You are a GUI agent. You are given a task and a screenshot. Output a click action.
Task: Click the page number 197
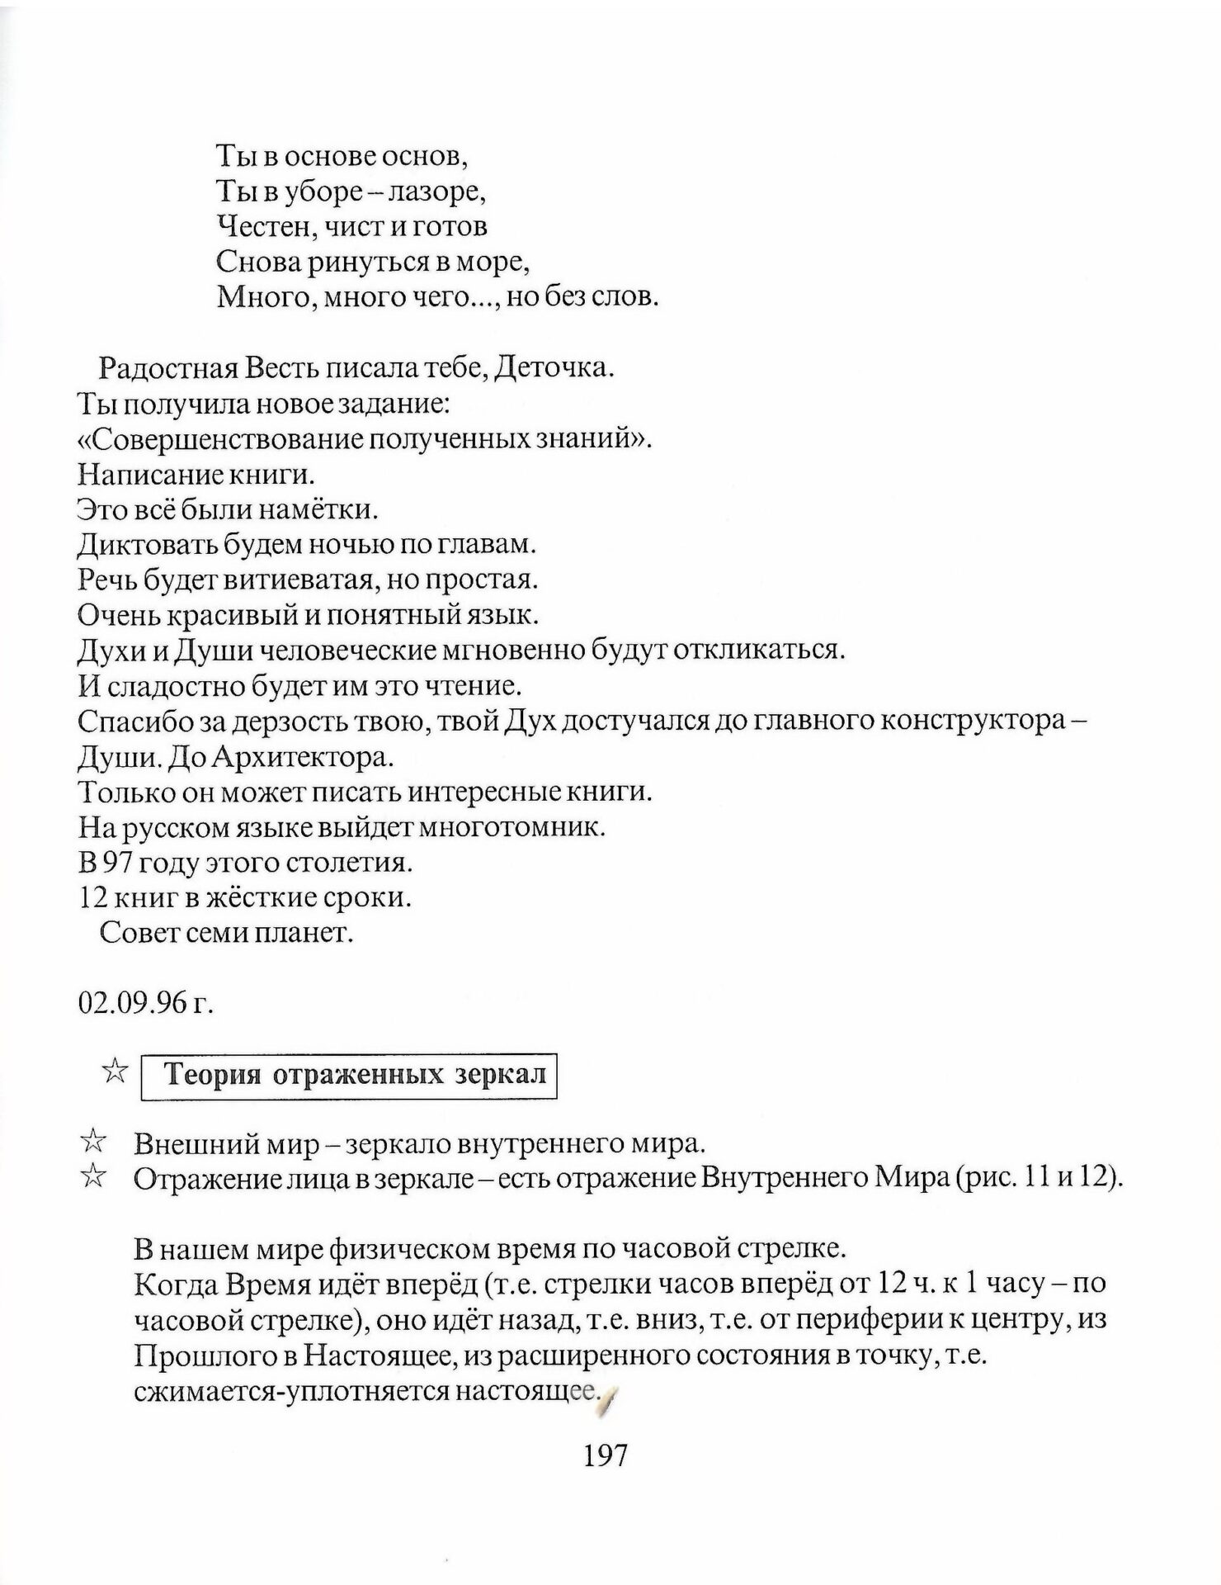pos(606,1454)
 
